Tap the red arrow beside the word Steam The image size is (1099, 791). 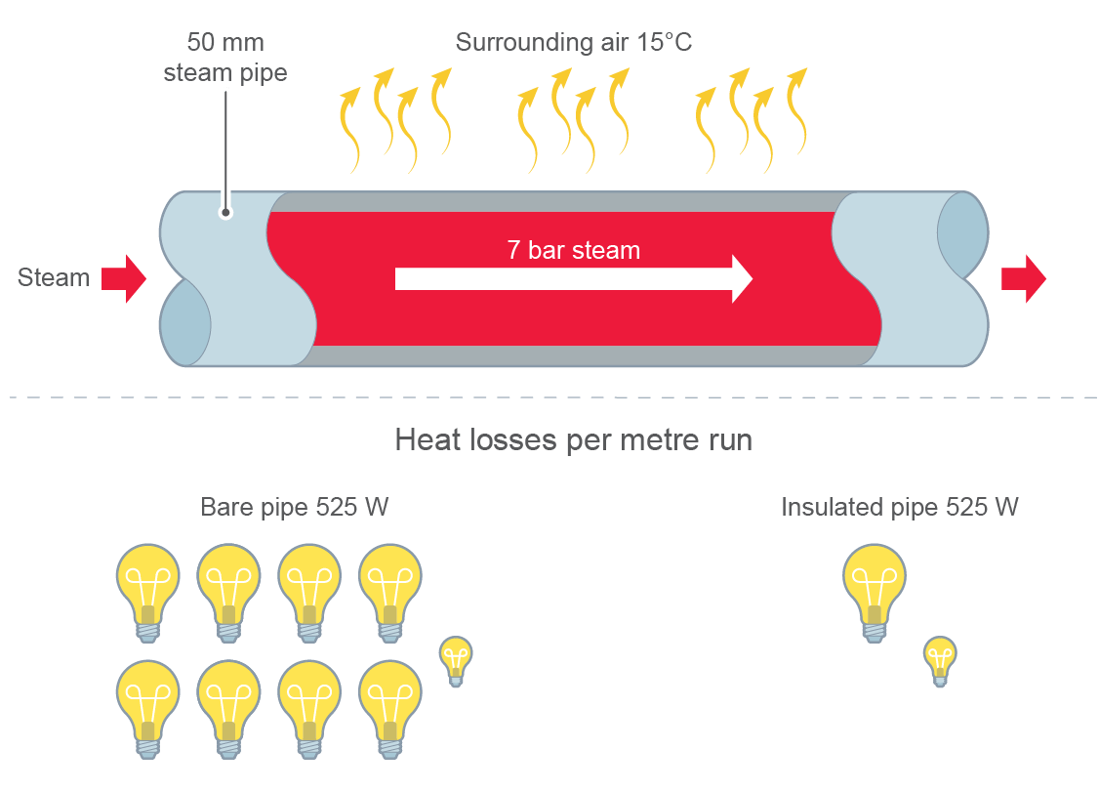click(123, 279)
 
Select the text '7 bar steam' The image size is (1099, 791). click(573, 250)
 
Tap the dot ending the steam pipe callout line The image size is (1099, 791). click(225, 212)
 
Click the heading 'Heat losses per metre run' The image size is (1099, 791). click(573, 440)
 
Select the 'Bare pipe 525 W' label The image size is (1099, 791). click(294, 508)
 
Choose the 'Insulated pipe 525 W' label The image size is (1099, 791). click(900, 508)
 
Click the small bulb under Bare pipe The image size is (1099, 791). click(455, 660)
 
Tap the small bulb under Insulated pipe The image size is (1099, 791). click(939, 660)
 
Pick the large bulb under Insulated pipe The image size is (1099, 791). click(874, 590)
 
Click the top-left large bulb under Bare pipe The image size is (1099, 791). click(147, 590)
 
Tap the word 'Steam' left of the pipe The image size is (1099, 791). click(54, 278)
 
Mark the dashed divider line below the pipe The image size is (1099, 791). click(547, 397)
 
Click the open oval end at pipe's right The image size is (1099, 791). click(961, 234)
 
